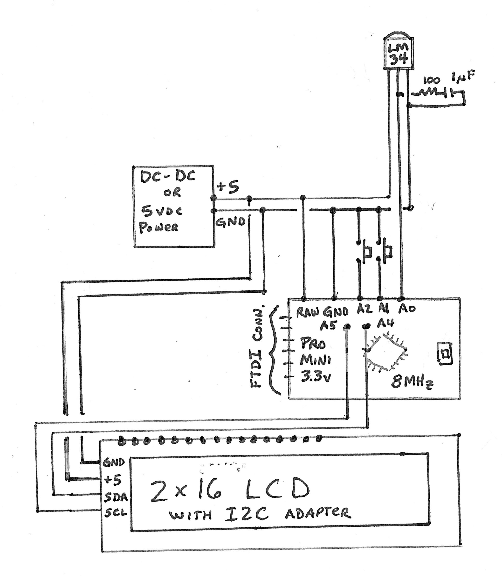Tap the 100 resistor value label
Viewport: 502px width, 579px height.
pos(431,80)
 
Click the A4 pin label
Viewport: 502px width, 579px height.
pos(385,324)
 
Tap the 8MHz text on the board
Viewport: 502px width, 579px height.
pos(412,382)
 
